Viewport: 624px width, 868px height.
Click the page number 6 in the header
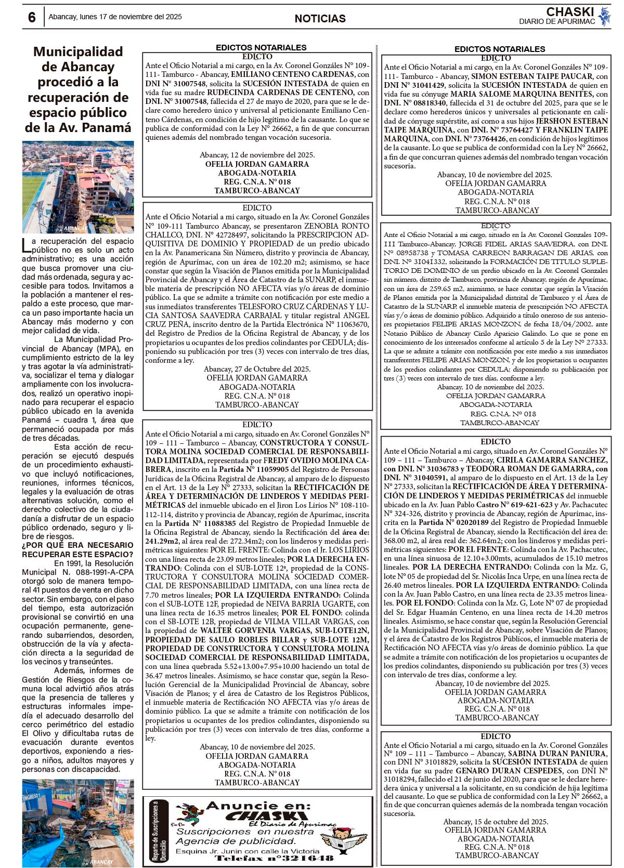pos(32,18)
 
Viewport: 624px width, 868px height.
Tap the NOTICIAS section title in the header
pos(320,19)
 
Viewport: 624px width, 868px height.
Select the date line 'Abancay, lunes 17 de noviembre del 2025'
pos(115,17)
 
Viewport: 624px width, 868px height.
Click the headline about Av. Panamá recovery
pos(78,89)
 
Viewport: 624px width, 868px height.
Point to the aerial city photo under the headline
pos(78,187)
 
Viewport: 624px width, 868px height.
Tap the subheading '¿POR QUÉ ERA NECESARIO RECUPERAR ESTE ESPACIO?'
pos(77,549)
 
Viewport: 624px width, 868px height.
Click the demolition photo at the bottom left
pos(78,822)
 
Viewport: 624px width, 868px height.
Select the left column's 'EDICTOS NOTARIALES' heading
pos(261,47)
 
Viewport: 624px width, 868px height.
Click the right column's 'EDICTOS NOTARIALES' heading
pos(500,49)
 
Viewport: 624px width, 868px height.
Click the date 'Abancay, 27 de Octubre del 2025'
pos(257,369)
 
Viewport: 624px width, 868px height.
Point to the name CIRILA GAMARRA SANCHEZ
pos(551,460)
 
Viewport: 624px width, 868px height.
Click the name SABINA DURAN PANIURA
pos(557,754)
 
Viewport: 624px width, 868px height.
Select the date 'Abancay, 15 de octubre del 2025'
pos(496,822)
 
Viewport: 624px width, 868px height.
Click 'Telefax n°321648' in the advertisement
pos(274,858)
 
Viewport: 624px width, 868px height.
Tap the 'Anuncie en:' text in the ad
pos(258,806)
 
